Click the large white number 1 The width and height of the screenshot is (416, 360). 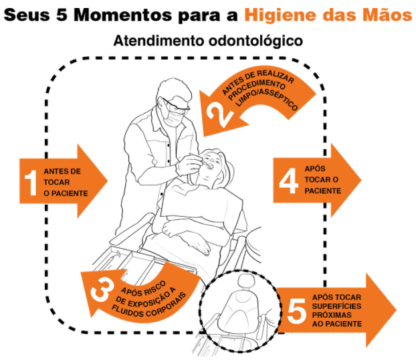click(x=31, y=183)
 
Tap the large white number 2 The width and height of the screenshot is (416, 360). click(x=219, y=114)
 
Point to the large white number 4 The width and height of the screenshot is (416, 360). click(x=289, y=181)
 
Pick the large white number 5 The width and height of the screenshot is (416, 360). click(x=297, y=310)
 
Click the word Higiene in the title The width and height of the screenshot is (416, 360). click(x=281, y=15)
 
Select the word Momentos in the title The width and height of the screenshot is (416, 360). click(x=122, y=15)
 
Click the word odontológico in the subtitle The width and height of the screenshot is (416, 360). click(x=255, y=41)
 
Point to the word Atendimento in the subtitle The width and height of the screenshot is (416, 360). click(x=159, y=41)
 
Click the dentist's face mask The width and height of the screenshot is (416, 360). click(x=172, y=117)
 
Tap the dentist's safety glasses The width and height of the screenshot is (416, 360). click(x=176, y=105)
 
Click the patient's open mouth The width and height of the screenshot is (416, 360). click(x=210, y=167)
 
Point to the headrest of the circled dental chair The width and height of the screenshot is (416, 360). click(x=247, y=282)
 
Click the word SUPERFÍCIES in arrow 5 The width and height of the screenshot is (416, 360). click(x=336, y=306)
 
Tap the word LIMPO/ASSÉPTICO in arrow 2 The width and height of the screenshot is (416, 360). click(x=267, y=99)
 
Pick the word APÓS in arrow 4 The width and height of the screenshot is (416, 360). click(x=314, y=169)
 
